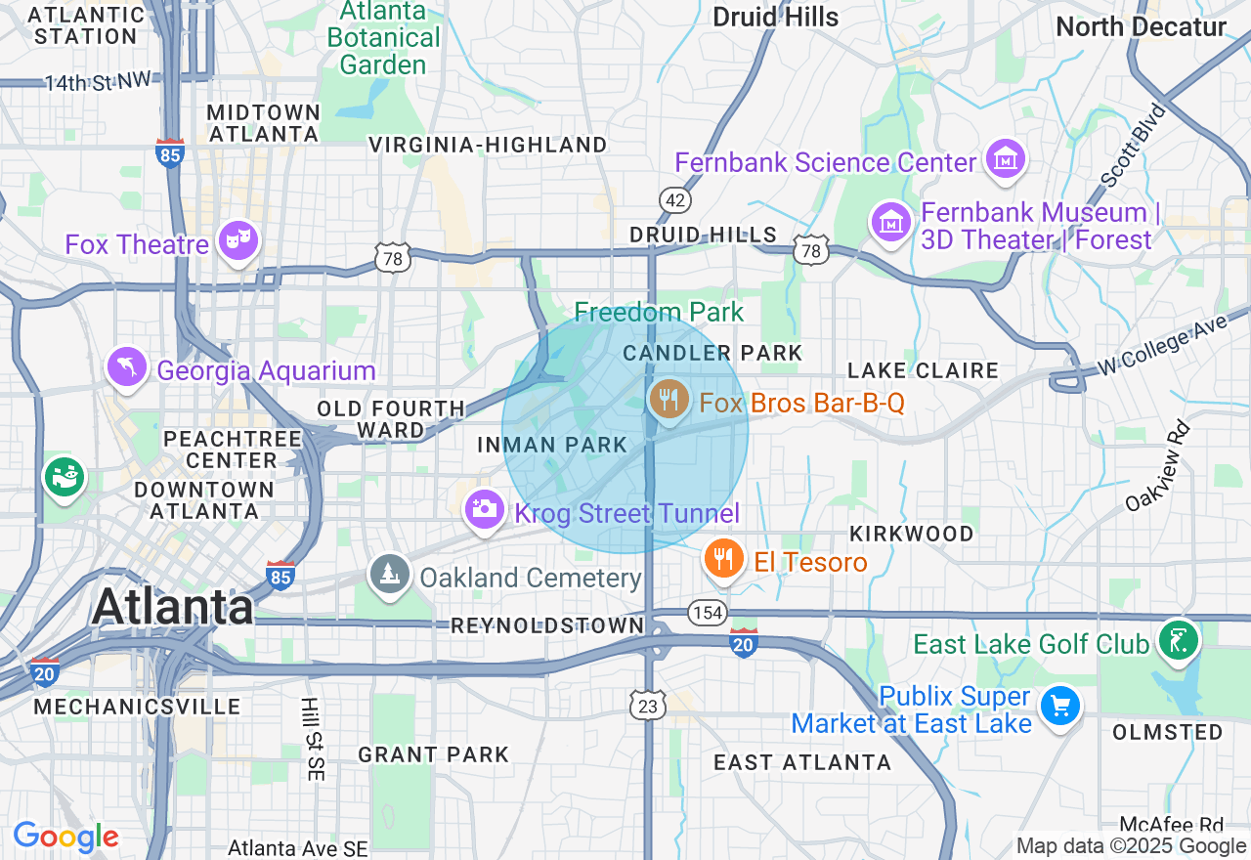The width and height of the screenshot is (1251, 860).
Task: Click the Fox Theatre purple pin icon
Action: point(237,237)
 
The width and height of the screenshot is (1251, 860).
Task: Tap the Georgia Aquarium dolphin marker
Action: point(127,367)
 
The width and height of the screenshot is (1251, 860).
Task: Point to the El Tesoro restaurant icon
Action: point(723,558)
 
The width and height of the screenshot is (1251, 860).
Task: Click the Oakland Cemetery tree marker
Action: point(390,574)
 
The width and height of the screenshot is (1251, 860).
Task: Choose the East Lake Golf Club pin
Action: point(1178,641)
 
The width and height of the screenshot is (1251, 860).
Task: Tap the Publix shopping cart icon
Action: point(1059,706)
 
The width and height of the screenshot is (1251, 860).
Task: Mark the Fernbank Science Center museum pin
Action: point(1005,157)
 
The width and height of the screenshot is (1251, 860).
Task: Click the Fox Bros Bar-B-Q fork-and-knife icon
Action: point(669,399)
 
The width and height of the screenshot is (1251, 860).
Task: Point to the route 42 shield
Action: point(674,199)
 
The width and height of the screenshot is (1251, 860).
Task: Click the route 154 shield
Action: point(707,613)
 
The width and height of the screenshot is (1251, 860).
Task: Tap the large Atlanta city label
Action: point(173,607)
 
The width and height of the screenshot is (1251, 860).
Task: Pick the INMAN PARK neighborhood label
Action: point(552,446)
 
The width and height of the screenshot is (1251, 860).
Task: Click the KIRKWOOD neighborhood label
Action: point(912,534)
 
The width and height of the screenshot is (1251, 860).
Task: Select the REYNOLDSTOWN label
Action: point(547,625)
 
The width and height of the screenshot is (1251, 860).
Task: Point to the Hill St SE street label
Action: point(312,739)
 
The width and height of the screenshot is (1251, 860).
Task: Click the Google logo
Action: point(65,838)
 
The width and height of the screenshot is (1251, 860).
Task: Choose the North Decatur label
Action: point(1141,26)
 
